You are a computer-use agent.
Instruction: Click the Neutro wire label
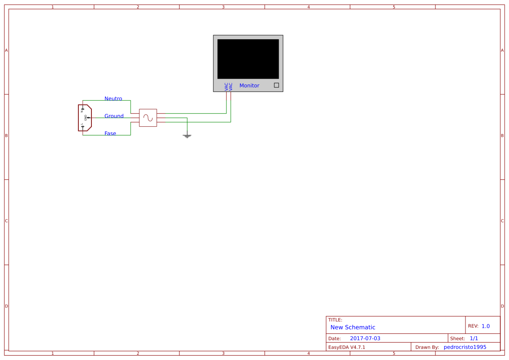click(x=113, y=99)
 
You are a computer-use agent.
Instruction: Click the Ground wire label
click(x=114, y=116)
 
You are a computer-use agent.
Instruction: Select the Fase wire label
click(x=110, y=134)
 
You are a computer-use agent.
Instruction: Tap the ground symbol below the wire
click(x=187, y=136)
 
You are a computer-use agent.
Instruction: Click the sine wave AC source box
click(x=148, y=118)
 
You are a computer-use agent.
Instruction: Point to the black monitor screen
click(x=248, y=59)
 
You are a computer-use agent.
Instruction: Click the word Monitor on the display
click(x=249, y=86)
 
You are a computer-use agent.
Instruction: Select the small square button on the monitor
click(x=276, y=85)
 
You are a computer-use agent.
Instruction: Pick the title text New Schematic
click(x=353, y=327)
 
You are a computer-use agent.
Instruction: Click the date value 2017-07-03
click(x=365, y=338)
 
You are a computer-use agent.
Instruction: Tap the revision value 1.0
click(x=485, y=326)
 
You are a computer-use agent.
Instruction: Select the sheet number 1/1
click(x=474, y=338)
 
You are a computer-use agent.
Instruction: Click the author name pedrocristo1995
click(x=465, y=347)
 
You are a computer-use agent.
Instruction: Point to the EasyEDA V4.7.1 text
click(x=347, y=347)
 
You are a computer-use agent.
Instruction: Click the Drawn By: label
click(x=427, y=347)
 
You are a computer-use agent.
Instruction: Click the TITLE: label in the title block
click(x=335, y=320)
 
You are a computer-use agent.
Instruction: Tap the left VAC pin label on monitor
click(x=226, y=87)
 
